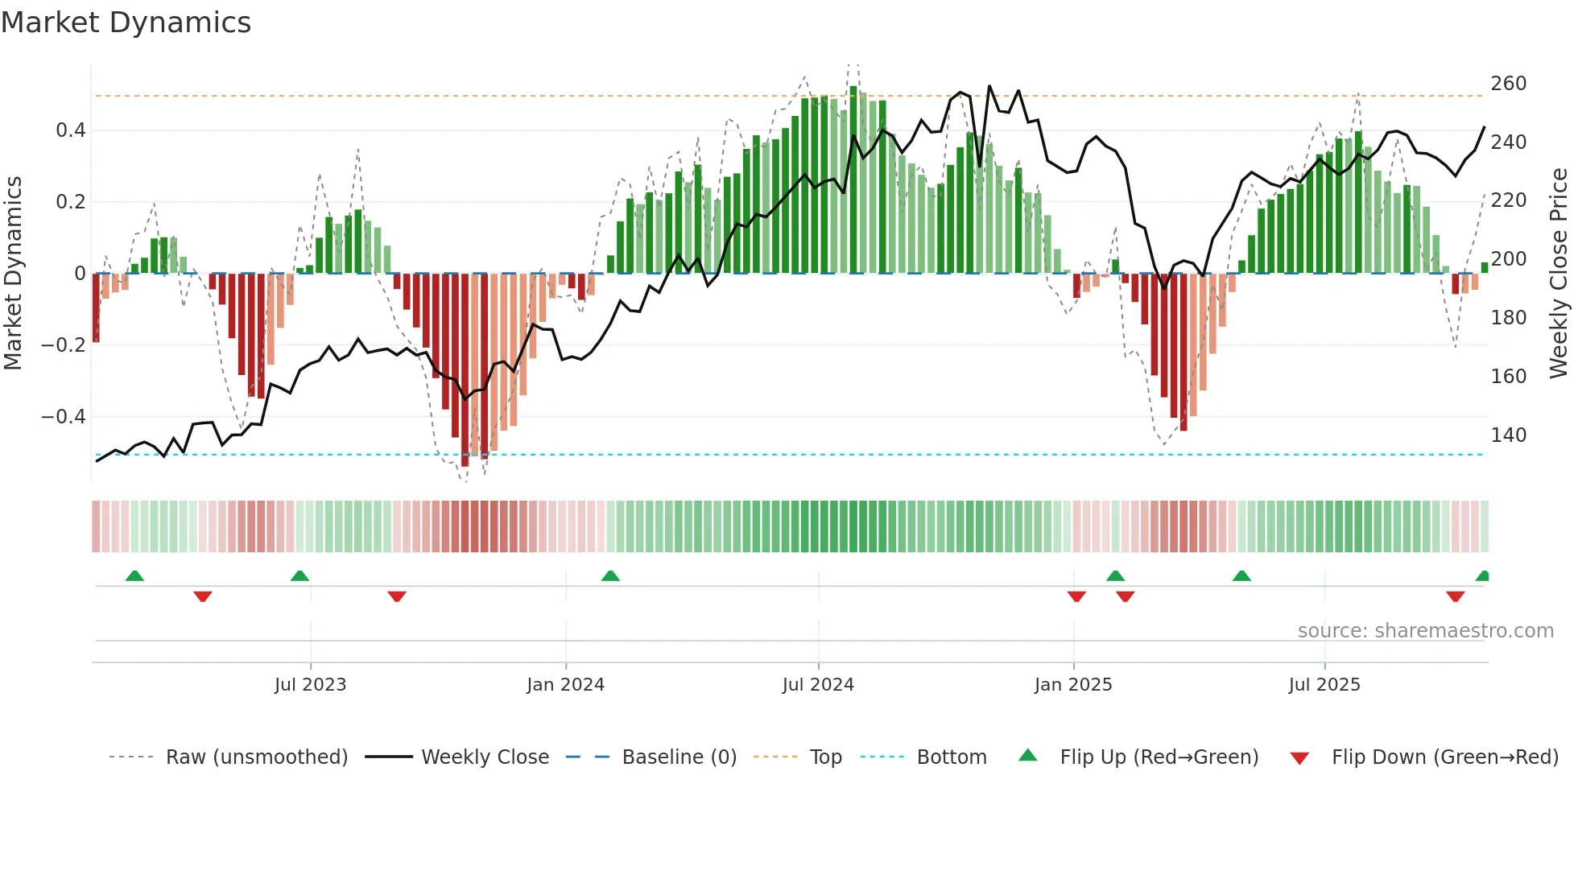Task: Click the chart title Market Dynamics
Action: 126,23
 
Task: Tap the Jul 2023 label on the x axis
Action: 310,685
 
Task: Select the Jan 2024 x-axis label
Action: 565,685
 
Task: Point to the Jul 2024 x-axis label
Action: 818,685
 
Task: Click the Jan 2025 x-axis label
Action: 1073,685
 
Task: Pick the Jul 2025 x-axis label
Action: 1324,685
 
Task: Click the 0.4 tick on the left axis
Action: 71,130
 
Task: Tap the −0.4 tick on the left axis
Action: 64,417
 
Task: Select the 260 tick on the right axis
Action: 1508,84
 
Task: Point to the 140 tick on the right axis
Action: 1508,435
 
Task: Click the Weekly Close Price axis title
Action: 1559,274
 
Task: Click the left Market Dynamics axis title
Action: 13,274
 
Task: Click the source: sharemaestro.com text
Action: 1425,631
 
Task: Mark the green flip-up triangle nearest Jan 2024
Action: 610,576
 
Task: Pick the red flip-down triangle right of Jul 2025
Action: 1455,596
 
